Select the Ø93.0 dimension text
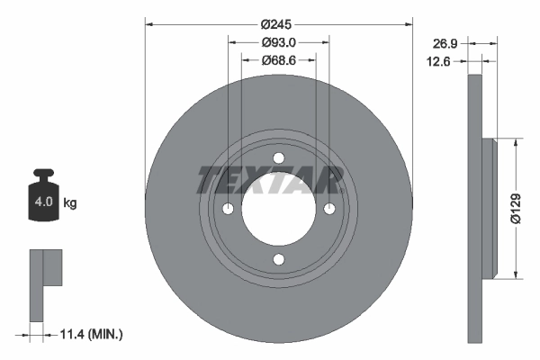tap(279, 41)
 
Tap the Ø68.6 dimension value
tap(279, 59)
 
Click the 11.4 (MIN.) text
tap(89, 335)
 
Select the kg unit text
tap(70, 203)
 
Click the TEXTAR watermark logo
tap(270, 180)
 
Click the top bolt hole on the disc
tap(278, 158)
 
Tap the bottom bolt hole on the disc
tap(278, 260)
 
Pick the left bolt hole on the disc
tap(228, 210)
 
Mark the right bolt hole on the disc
tap(329, 210)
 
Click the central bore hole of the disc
tap(278, 210)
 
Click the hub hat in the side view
tap(490, 208)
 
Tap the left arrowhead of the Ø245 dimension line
tap(149, 24)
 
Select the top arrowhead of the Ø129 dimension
tap(516, 143)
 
